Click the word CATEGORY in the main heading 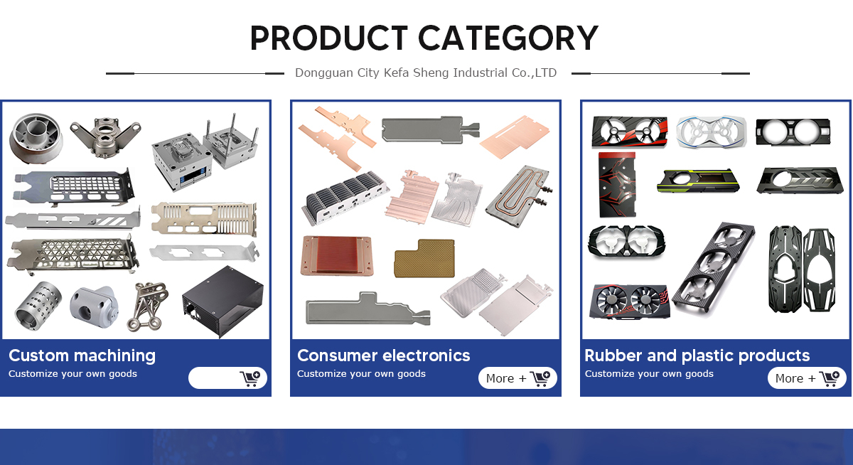[508, 38]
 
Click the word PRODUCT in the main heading [329, 38]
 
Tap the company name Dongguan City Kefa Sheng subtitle [426, 73]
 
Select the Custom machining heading [82, 356]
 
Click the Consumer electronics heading [383, 356]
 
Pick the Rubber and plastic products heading [697, 356]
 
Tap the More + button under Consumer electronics [517, 378]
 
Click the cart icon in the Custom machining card [250, 378]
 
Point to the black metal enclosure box [222, 301]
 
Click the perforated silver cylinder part [38, 306]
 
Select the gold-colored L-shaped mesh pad [424, 258]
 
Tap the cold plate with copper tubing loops [520, 196]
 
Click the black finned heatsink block [345, 197]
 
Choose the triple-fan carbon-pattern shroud [713, 269]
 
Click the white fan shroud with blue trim [712, 132]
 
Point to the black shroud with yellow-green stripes [698, 181]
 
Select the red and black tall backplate [618, 184]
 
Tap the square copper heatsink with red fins [337, 255]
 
